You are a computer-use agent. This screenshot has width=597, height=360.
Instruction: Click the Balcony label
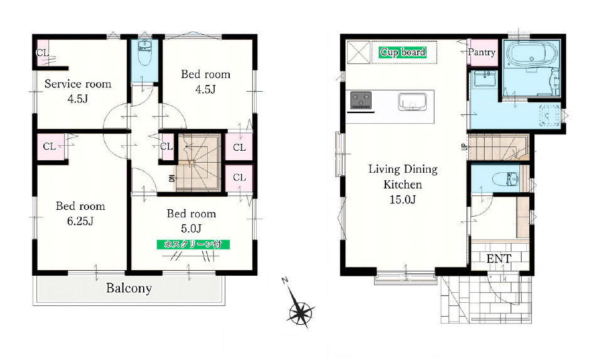[129, 288]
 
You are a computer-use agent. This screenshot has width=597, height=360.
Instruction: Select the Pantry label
[481, 52]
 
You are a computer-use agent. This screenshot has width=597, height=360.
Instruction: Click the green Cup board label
[403, 52]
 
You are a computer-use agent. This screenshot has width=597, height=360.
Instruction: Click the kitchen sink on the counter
[412, 102]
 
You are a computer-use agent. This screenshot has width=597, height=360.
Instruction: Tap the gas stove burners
[361, 101]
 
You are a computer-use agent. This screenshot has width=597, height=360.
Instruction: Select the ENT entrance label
[498, 259]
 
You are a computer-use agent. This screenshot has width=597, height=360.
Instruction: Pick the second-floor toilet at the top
[144, 53]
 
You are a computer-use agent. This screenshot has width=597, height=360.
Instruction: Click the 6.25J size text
[80, 221]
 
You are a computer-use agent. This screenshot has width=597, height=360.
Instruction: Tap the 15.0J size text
[402, 199]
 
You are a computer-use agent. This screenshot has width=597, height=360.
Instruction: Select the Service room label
[78, 84]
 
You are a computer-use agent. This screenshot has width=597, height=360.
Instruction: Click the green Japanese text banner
[193, 244]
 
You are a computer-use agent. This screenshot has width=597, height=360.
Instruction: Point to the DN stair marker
[172, 178]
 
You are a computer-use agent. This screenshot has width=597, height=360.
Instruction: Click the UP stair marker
[464, 146]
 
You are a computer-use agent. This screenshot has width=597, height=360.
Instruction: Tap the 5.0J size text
[191, 229]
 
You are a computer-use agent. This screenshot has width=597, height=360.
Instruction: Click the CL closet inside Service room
[42, 53]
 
